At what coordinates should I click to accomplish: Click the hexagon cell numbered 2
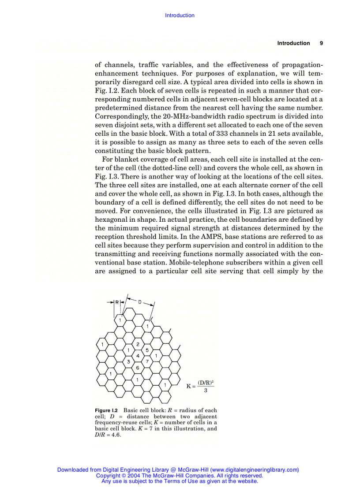(138, 344)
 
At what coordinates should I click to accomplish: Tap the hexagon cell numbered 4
(138, 355)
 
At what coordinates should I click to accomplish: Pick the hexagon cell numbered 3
(128, 361)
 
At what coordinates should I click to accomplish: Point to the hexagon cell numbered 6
(138, 367)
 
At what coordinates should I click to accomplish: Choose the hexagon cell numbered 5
(147, 350)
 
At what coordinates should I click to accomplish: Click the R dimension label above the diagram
(117, 302)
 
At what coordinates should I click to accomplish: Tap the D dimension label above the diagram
(140, 302)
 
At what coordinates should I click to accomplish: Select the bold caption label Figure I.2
(108, 410)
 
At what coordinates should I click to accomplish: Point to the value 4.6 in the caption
(115, 434)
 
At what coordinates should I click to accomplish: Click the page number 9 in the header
(321, 43)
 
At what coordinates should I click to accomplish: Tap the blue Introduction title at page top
(180, 15)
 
